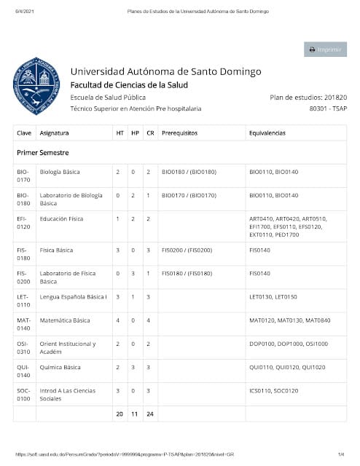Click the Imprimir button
click(x=325, y=50)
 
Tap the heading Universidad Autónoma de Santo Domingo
click(x=165, y=71)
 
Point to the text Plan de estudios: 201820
click(x=308, y=97)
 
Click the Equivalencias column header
click(x=267, y=133)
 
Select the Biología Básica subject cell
click(x=60, y=172)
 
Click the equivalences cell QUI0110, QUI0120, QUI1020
click(x=287, y=367)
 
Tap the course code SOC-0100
click(x=23, y=394)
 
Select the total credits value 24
click(x=149, y=414)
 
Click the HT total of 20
click(x=120, y=414)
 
